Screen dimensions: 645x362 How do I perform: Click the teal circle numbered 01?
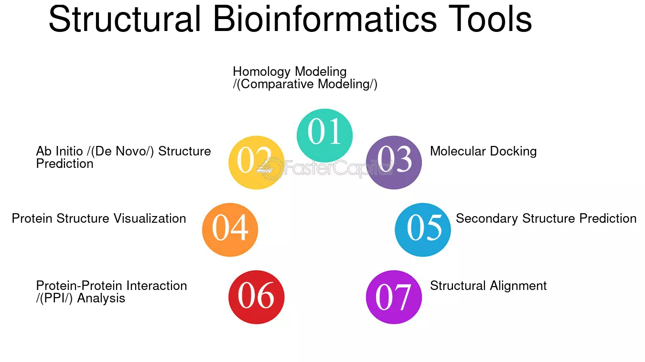(x=324, y=135)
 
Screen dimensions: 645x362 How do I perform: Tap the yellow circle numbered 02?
(x=256, y=163)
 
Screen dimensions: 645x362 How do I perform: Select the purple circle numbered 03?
(x=394, y=163)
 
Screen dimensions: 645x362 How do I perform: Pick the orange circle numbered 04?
(x=230, y=230)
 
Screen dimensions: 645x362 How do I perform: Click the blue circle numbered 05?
(x=423, y=230)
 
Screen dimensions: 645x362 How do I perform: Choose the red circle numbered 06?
(x=256, y=297)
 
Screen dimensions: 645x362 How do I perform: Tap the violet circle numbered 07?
(x=394, y=297)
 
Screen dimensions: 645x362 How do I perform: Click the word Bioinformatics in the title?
(x=325, y=19)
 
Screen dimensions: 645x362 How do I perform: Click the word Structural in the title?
(x=125, y=19)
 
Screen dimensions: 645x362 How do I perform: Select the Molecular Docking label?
(x=483, y=151)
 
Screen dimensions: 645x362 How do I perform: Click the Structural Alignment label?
(x=488, y=286)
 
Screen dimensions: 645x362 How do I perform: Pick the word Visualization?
(x=150, y=218)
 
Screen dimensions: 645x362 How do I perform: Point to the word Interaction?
(x=157, y=286)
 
